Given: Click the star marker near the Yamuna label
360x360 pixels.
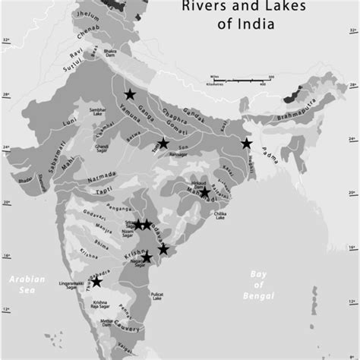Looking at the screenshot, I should pos(129,93).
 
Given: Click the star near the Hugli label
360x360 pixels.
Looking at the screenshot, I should pos(245,144).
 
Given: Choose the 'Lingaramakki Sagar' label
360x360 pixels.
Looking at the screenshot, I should pos(71,286).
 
